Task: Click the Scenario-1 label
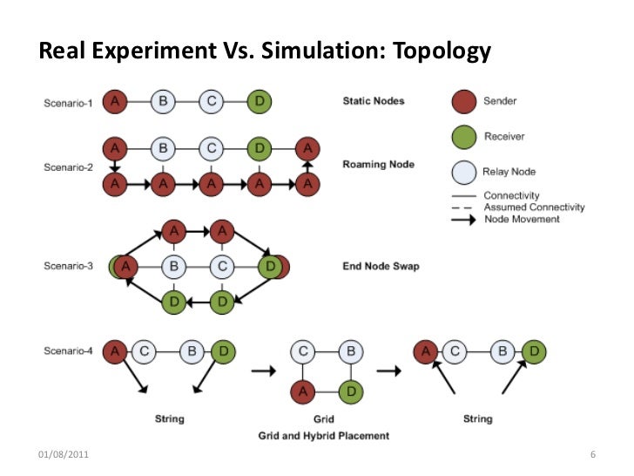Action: [x=69, y=103]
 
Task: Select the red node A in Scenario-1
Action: [x=115, y=102]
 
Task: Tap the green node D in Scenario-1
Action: [x=258, y=102]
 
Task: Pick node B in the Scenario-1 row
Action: [x=162, y=102]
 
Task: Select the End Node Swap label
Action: [x=381, y=266]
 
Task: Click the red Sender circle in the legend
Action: [x=465, y=103]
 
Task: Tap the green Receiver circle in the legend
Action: [x=465, y=137]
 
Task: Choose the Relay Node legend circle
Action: [x=465, y=171]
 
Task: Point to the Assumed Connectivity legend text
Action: [x=534, y=207]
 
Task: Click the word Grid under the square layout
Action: [x=324, y=419]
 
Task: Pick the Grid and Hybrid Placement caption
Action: [x=323, y=435]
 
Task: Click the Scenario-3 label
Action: [x=69, y=266]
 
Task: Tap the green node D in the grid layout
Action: [x=349, y=393]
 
